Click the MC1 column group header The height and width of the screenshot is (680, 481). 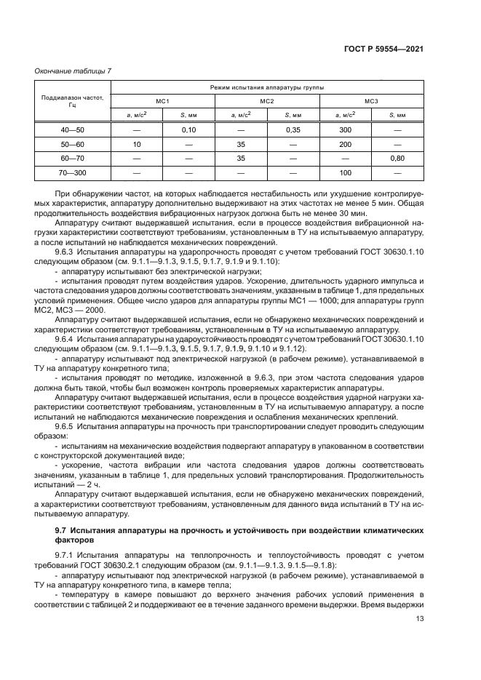[x=162, y=100]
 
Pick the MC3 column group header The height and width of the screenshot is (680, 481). [x=371, y=100]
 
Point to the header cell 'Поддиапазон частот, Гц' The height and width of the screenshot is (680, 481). [x=72, y=100]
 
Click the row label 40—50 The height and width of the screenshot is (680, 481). [x=72, y=130]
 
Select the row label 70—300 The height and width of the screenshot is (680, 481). [x=72, y=173]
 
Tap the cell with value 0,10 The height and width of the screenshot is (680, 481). [x=188, y=130]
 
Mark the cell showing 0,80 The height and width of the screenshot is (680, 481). [x=397, y=159]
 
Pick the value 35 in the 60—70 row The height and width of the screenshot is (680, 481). [x=241, y=159]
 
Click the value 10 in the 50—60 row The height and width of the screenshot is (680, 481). [x=136, y=145]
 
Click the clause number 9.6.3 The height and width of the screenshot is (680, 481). [x=66, y=251]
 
